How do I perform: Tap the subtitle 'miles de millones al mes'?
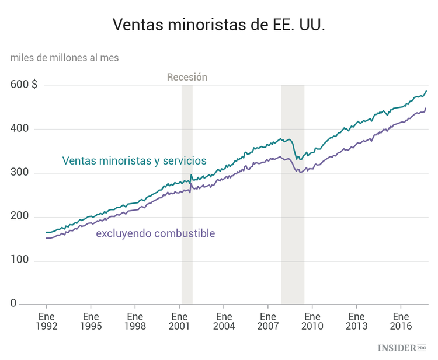[x=64, y=57]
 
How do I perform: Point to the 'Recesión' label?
[x=187, y=77]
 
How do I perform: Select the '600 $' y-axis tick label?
[x=24, y=85]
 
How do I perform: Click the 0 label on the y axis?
[x=13, y=304]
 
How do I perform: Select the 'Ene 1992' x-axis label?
[x=46, y=321]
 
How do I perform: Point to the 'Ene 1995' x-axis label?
[x=91, y=321]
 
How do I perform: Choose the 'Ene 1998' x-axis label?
[x=135, y=321]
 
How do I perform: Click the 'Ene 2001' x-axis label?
[x=179, y=321]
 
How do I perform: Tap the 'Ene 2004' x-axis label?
[x=224, y=321]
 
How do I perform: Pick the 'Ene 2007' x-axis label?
[x=267, y=321]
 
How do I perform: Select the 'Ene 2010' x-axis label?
[x=312, y=321]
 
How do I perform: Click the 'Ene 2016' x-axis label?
[x=401, y=321]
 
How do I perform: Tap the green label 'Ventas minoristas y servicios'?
[x=134, y=160]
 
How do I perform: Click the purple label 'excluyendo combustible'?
[x=155, y=233]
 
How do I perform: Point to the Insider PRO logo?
[x=402, y=348]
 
